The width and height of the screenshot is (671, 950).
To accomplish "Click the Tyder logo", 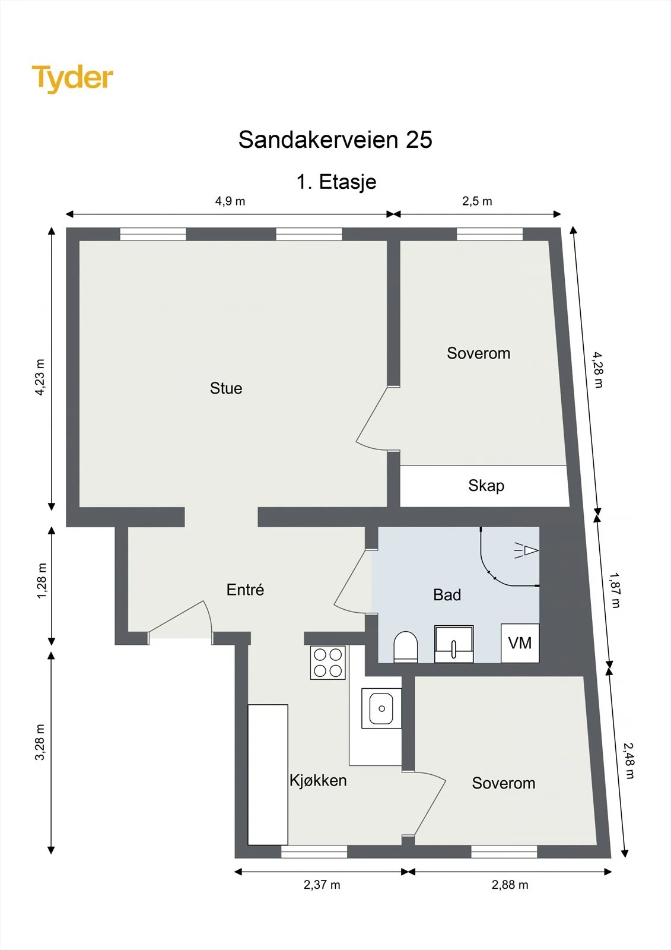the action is click(x=72, y=78).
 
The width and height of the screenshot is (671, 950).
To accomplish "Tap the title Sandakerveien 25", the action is click(x=335, y=139).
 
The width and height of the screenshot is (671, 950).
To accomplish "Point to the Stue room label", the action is click(x=226, y=388).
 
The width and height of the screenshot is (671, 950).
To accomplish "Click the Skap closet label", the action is click(x=486, y=486).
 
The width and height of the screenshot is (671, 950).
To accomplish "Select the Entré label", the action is click(x=245, y=590).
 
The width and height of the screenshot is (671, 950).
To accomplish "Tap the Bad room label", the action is click(x=447, y=595).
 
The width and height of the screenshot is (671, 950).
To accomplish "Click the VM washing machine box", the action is click(x=520, y=643).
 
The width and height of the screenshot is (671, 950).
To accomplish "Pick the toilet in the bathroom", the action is click(x=406, y=647).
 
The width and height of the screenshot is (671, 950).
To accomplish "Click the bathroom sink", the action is click(x=454, y=644).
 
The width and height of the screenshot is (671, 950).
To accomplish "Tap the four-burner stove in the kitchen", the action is click(x=327, y=663).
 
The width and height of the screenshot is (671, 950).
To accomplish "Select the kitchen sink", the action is click(x=381, y=708).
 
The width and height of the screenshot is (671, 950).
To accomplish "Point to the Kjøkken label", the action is click(x=318, y=781).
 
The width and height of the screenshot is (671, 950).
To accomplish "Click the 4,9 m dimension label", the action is click(x=230, y=201).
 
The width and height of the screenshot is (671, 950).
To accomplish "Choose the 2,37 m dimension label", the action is click(x=322, y=885).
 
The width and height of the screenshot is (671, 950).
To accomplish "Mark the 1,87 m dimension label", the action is click(x=615, y=590).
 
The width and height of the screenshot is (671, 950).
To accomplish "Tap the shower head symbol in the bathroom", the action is click(x=526, y=550).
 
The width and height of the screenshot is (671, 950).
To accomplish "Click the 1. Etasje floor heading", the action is click(x=336, y=182).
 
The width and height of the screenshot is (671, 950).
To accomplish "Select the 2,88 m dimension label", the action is click(x=510, y=885).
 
